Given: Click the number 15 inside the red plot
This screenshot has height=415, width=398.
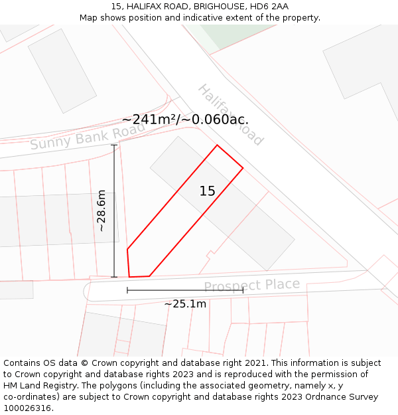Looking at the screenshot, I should pyautogui.click(x=208, y=191).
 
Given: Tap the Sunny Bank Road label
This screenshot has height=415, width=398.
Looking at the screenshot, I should pyautogui.click(x=86, y=135).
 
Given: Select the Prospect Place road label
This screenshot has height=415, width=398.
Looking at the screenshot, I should pyautogui.click(x=251, y=286).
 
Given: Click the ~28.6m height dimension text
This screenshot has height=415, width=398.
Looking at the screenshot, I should pyautogui.click(x=101, y=210).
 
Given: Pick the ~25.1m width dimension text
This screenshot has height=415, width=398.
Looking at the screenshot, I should pyautogui.click(x=185, y=304).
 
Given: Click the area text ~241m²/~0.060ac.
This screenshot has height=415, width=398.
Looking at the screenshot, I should pyautogui.click(x=185, y=120).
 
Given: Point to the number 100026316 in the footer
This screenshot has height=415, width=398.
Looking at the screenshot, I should pyautogui.click(x=29, y=408).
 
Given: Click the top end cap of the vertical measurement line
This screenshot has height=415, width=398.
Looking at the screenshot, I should pyautogui.click(x=114, y=145).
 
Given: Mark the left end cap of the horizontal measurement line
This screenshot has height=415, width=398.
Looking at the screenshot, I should pyautogui.click(x=127, y=290).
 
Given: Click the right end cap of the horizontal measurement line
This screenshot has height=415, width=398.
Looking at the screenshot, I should pyautogui.click(x=243, y=290).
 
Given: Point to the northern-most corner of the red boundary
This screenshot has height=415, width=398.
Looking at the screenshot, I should pyautogui.click(x=217, y=145).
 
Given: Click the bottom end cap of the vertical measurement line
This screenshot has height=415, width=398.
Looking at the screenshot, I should pyautogui.click(x=114, y=277).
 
